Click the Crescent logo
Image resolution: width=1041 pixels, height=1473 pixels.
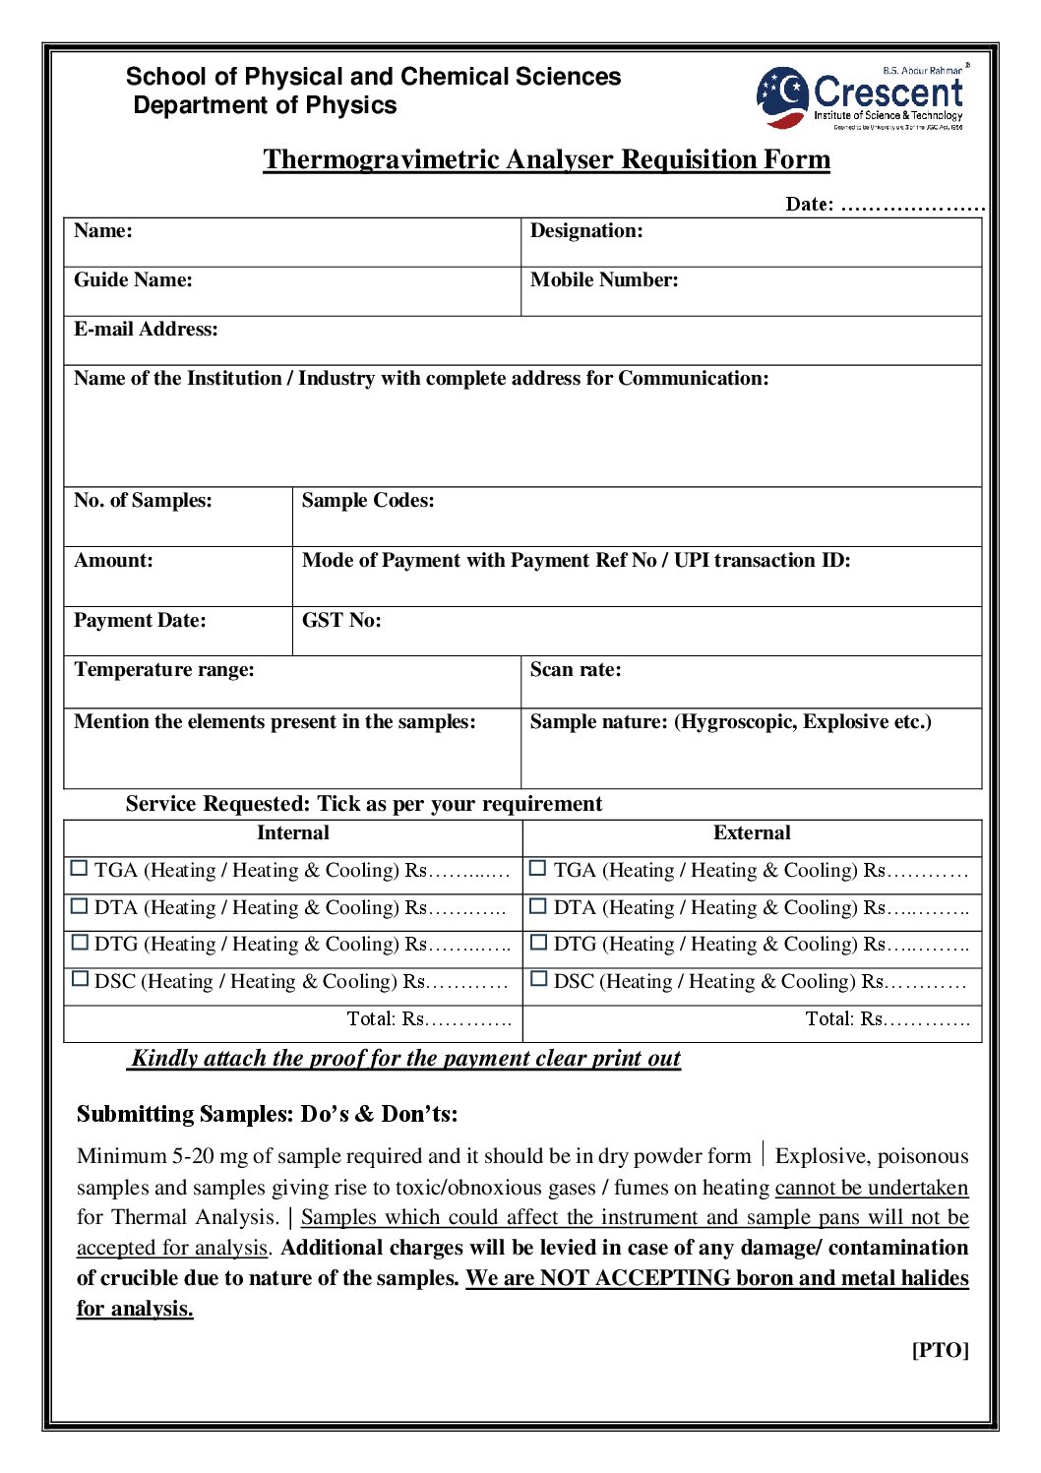pos(862,97)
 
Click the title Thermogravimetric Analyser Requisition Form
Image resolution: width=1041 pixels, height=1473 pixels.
pos(546,159)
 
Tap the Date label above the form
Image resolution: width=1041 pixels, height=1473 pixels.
pos(809,205)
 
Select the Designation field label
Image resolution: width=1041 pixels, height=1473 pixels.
pos(586,231)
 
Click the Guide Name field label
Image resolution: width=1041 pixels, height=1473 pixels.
pos(133,280)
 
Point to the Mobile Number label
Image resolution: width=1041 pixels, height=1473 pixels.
pos(604,280)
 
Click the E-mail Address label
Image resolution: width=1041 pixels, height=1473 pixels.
pos(146,330)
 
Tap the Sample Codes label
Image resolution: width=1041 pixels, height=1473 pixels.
pos(368,501)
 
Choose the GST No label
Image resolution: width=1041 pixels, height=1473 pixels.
pos(341,621)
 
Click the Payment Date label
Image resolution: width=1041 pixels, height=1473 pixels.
pos(140,621)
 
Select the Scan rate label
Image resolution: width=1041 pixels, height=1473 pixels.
pos(576,670)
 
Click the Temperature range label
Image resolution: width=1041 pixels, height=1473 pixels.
pos(164,670)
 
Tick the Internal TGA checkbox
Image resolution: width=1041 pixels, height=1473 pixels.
pos(80,869)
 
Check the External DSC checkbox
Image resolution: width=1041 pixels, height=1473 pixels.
pos(538,979)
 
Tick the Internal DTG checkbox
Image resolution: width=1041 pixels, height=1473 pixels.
pos(80,943)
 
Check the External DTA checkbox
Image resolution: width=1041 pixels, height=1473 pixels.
pos(538,905)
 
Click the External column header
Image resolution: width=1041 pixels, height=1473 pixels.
pos(752,833)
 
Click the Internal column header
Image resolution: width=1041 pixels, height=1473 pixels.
pos(293,833)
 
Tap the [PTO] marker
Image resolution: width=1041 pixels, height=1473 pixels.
pos(940,1350)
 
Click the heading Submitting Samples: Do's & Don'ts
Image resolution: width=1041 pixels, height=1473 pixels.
pos(267,1114)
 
